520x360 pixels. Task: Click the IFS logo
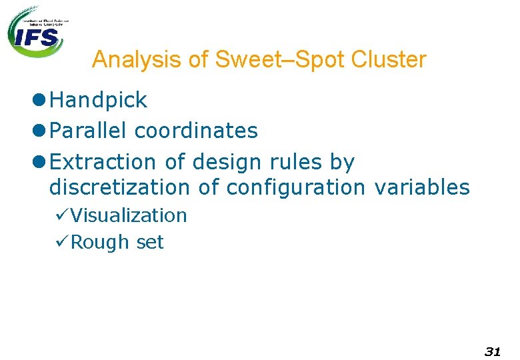pos(37,32)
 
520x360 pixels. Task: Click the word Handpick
pos(98,100)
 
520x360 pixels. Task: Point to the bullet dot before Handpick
pos(38,100)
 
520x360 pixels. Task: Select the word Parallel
pos(89,131)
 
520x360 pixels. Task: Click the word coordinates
pos(196,131)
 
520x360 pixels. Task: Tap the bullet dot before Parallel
pos(38,131)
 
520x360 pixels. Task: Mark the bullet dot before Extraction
pos(38,162)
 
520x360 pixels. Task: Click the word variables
pos(421,188)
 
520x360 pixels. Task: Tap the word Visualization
pos(128,215)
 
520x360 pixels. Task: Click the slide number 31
pos(492,351)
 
